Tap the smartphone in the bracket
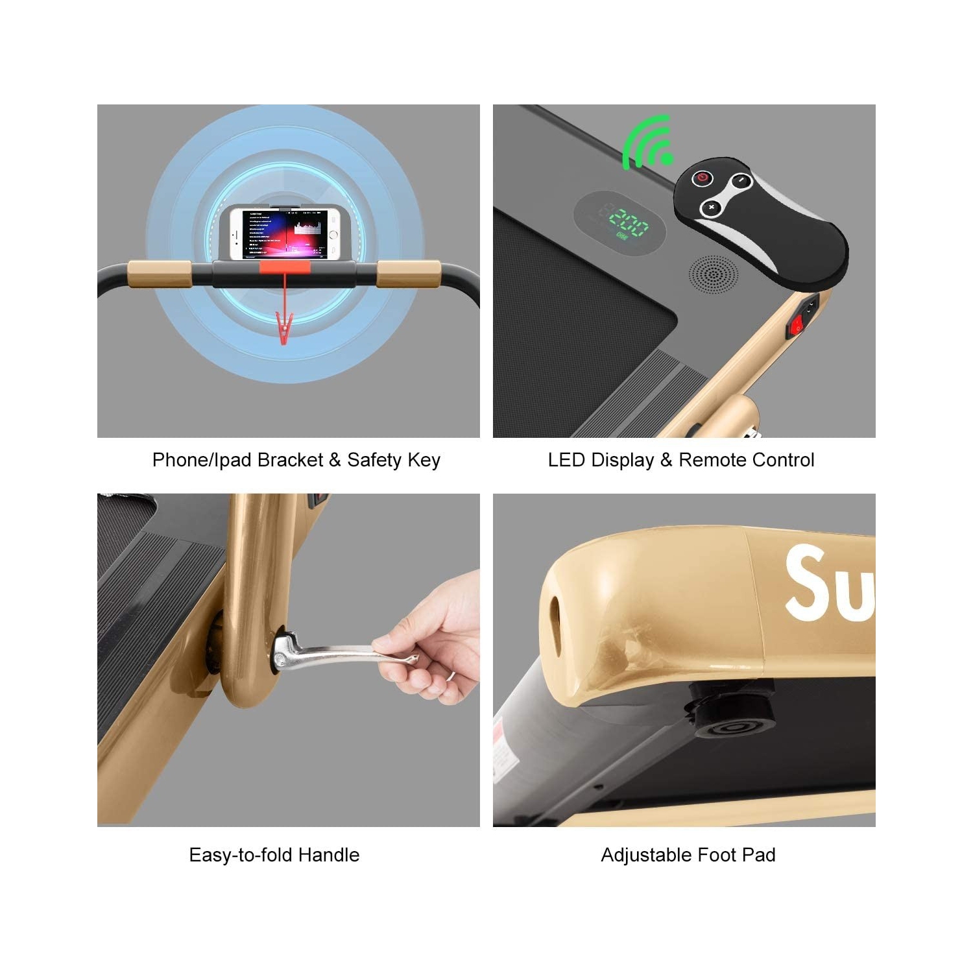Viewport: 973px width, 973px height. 285,234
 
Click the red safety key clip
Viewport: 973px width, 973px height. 283,328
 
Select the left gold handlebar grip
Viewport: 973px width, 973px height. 159,274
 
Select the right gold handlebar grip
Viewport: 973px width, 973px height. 409,274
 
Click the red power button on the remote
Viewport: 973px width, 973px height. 703,178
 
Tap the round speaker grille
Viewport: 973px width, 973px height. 713,276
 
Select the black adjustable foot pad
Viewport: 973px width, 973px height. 732,720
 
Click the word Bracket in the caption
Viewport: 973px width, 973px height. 290,460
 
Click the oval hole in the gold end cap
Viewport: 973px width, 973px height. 555,616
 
